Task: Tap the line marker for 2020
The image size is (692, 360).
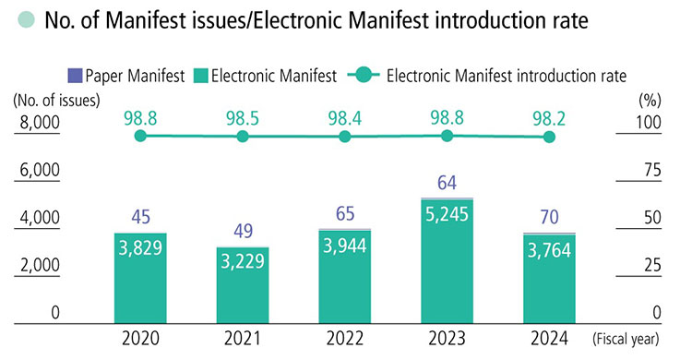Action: tap(140, 136)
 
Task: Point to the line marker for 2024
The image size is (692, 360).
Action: tap(549, 137)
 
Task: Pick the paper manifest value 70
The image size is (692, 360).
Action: tap(549, 217)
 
